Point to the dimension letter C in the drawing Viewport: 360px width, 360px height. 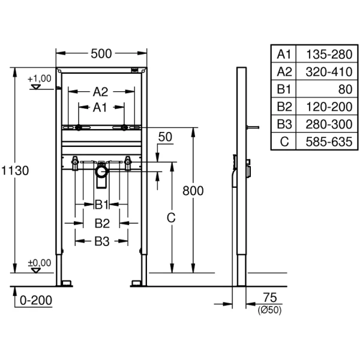(170, 220)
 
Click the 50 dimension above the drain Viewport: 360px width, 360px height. (164, 137)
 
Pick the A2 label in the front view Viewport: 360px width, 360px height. (100, 92)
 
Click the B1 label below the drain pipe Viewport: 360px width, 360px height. (101, 205)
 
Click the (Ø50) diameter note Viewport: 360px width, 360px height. (269, 310)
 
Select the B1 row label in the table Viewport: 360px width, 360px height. (283, 89)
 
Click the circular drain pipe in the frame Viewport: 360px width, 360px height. (101, 172)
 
